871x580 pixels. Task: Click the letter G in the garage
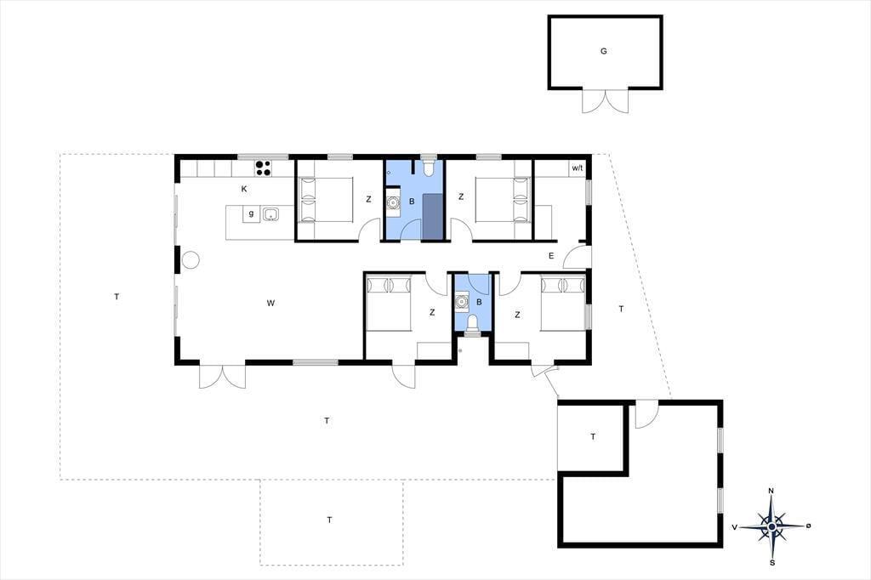point(603,51)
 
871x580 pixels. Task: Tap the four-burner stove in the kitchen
point(263,168)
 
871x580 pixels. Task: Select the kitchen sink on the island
point(270,214)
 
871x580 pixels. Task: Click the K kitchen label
point(244,189)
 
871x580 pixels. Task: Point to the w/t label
point(578,168)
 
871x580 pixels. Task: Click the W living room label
point(270,304)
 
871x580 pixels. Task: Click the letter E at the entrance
point(551,256)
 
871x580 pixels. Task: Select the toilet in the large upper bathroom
point(429,168)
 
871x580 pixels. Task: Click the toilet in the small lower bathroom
point(472,323)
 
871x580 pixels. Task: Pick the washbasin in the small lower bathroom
point(460,302)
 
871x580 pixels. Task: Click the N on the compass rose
point(771,491)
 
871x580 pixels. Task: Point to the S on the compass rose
point(772,562)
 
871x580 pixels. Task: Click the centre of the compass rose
point(771,526)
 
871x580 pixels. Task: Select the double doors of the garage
point(605,100)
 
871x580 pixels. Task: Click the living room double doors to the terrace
point(222,377)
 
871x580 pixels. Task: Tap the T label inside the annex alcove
point(593,436)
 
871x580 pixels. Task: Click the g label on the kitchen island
point(251,213)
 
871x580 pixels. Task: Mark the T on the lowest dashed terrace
point(329,520)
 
